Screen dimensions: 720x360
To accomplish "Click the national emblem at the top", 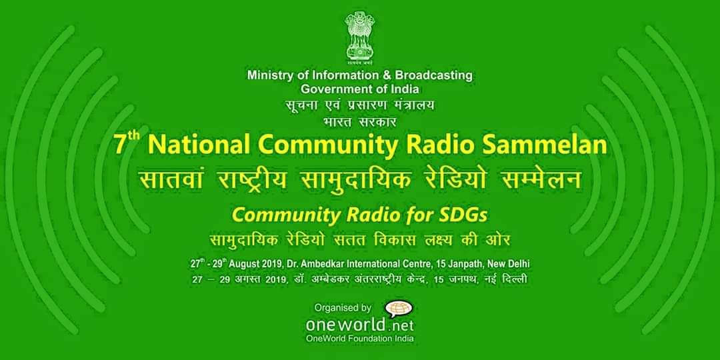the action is (x=360, y=37).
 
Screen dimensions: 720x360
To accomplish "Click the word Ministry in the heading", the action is (x=265, y=75).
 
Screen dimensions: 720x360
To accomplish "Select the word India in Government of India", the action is (x=407, y=89).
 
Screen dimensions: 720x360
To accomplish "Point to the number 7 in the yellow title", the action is (x=119, y=145).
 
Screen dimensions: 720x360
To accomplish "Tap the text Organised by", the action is (x=343, y=307).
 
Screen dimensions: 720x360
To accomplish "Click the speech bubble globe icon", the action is (x=399, y=309).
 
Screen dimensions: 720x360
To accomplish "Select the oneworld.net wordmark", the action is (x=359, y=325).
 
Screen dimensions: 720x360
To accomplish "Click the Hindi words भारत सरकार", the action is (x=359, y=123).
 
